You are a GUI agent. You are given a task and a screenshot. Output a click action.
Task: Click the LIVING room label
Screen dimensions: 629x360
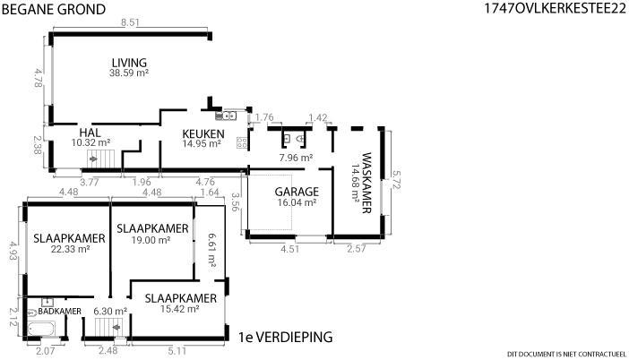(x=129, y=63)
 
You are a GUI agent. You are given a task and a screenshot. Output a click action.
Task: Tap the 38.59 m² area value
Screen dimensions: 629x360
(x=129, y=73)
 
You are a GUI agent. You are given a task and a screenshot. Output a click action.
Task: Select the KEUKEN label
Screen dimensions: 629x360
(x=203, y=134)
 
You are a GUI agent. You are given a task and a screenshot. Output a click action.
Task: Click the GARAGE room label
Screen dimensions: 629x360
(x=297, y=192)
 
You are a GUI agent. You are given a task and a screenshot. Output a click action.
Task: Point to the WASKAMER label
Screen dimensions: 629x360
(x=366, y=183)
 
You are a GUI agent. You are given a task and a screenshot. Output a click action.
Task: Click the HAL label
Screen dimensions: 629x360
(x=90, y=133)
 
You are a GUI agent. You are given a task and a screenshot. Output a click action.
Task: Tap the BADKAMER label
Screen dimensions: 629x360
(x=60, y=312)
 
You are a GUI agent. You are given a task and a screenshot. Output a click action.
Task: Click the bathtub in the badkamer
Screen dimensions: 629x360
(x=41, y=330)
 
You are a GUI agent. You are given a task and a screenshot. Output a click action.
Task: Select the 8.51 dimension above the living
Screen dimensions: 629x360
(x=130, y=22)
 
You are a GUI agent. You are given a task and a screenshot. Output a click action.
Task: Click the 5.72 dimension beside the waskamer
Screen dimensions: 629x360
(x=396, y=180)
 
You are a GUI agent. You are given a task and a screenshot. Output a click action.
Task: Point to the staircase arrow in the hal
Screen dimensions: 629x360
(x=93, y=159)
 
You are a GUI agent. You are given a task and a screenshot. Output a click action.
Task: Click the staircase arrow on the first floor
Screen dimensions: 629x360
(x=116, y=328)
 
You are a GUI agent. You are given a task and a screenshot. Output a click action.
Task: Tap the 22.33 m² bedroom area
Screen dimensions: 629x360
(x=70, y=249)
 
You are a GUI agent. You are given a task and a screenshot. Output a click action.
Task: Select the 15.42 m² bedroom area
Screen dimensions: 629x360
(x=180, y=309)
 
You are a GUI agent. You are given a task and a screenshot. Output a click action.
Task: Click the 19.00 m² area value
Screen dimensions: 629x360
(x=151, y=240)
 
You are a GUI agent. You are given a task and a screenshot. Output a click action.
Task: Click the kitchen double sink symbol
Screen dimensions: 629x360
(x=226, y=116)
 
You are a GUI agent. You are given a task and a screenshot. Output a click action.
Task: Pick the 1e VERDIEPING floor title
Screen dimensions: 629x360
(x=286, y=337)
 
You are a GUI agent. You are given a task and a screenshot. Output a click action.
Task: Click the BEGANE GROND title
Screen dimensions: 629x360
(x=54, y=9)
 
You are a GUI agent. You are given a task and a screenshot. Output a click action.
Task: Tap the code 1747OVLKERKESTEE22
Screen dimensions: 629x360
(x=556, y=8)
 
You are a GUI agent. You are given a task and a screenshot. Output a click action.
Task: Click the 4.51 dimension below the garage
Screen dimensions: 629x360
(x=289, y=249)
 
